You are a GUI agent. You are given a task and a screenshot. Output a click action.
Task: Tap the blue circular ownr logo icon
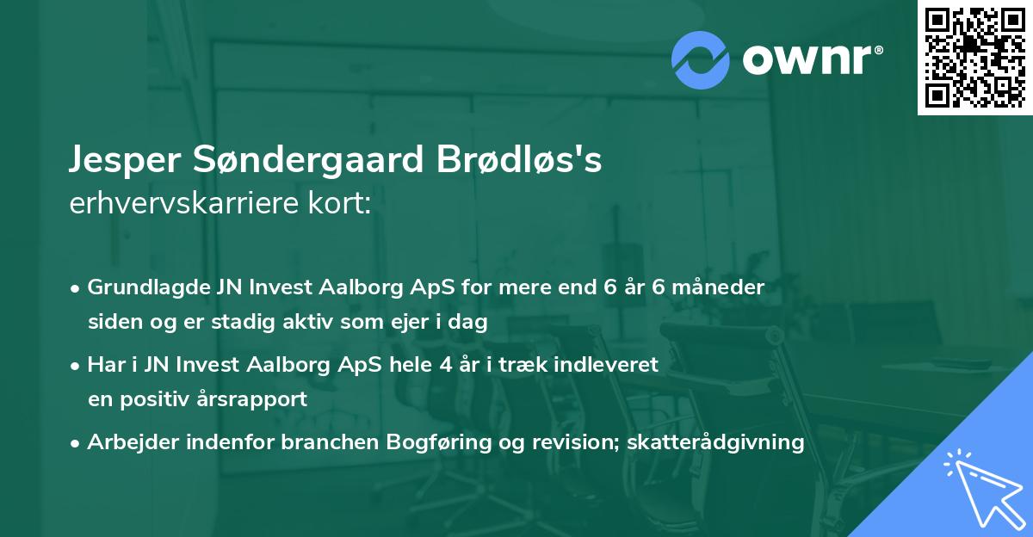(700, 59)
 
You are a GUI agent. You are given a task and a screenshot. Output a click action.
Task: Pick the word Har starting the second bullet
(103, 365)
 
